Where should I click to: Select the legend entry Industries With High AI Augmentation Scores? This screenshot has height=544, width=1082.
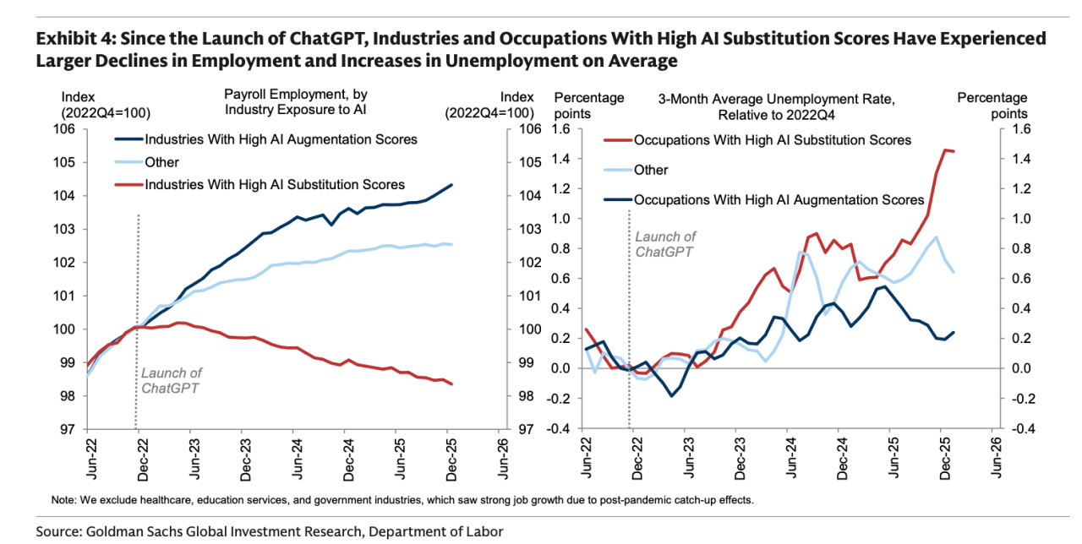281,139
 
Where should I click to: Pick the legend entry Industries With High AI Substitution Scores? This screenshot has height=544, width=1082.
275,184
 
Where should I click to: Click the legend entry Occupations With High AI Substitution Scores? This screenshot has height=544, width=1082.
773,139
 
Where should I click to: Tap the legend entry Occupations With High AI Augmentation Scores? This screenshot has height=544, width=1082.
779,200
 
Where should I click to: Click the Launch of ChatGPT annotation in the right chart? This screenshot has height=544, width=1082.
665,244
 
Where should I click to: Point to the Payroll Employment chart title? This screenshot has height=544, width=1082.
295,101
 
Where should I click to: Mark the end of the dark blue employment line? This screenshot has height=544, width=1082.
451,184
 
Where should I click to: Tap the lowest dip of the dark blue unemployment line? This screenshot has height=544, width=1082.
672,395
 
